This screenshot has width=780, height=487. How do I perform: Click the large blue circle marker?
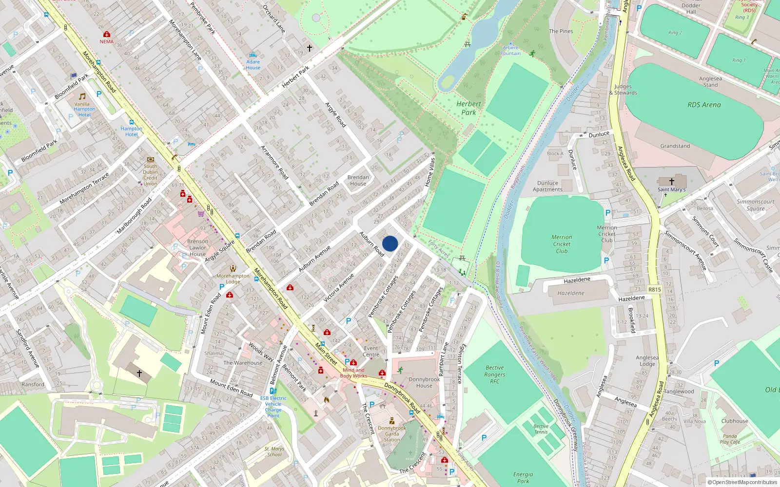click(x=390, y=243)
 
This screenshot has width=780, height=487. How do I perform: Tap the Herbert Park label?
click(x=468, y=108)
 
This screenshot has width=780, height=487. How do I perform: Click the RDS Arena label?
click(x=704, y=105)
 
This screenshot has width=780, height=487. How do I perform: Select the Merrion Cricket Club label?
click(x=562, y=244)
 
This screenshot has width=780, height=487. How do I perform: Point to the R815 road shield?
click(x=654, y=289)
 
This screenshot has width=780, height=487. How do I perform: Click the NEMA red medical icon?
click(x=107, y=34)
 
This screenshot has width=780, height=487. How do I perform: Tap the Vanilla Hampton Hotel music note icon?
click(x=82, y=96)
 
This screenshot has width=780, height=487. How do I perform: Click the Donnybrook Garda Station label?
click(x=392, y=434)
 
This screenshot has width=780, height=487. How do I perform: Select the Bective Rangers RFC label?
click(x=495, y=375)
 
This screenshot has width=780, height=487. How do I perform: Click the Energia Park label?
click(x=523, y=477)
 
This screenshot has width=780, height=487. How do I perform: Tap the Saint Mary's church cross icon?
click(x=671, y=182)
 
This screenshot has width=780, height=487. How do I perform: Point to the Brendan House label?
click(x=358, y=180)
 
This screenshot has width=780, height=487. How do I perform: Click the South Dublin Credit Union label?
click(x=150, y=175)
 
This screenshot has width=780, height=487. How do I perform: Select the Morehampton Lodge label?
click(x=233, y=279)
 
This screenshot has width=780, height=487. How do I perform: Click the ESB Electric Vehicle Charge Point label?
click(x=273, y=407)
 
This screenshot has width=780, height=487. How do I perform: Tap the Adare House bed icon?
click(x=253, y=55)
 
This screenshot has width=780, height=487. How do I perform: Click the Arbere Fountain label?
click(x=510, y=51)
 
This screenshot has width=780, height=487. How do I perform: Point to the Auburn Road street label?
click(x=371, y=243)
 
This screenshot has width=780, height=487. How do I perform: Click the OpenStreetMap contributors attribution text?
click(x=742, y=482)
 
